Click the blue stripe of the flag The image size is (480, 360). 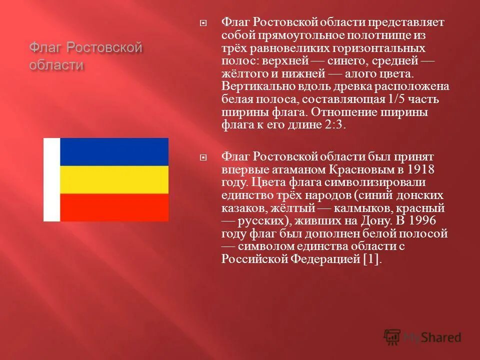tap(114, 151)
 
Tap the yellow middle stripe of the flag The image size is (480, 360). tap(114, 179)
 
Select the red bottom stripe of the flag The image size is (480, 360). tap(114, 207)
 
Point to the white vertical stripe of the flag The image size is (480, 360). tap(52, 179)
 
